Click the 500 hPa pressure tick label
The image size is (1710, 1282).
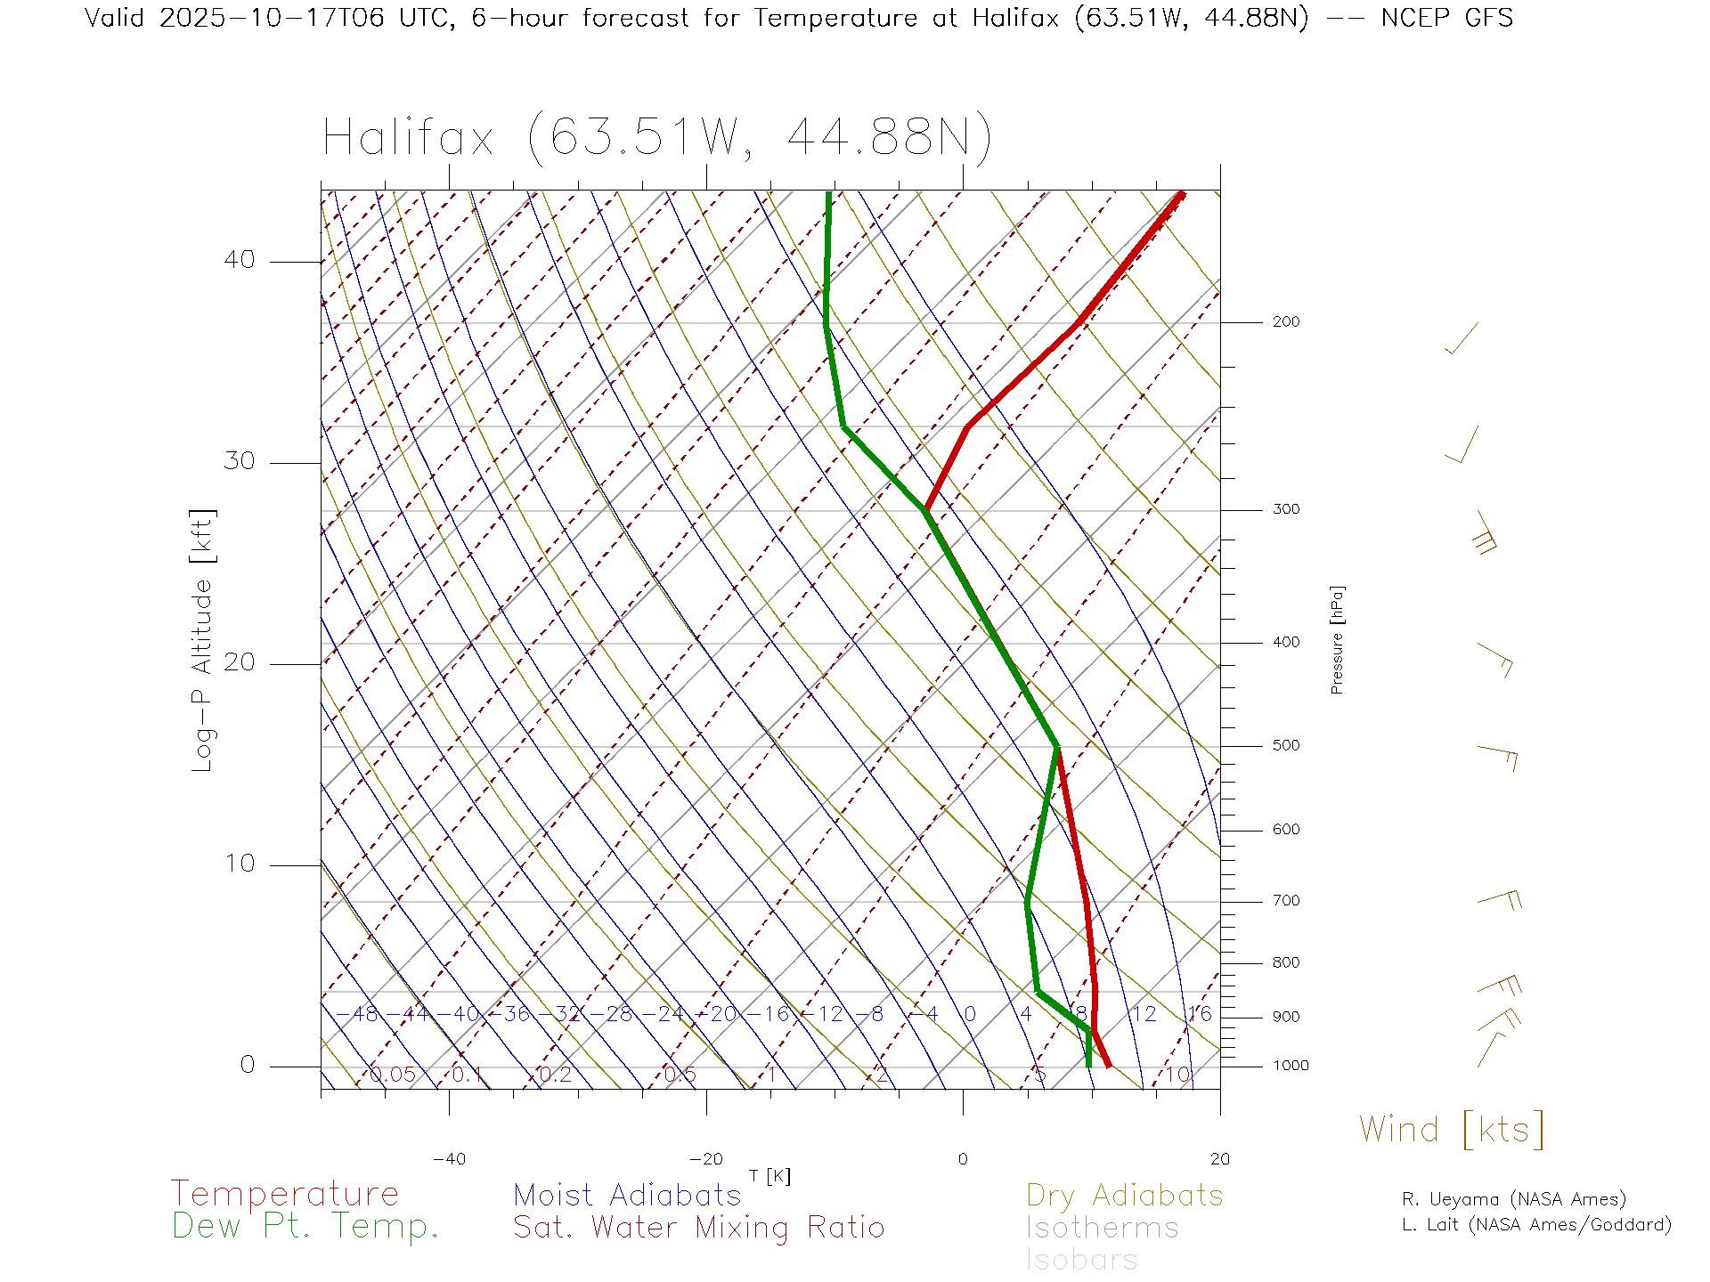click(x=1285, y=745)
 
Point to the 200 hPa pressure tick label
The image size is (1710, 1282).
click(x=1285, y=321)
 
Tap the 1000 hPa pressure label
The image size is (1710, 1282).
click(x=1291, y=1066)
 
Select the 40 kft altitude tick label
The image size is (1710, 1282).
click(x=239, y=260)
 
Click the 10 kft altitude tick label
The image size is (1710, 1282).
click(x=239, y=864)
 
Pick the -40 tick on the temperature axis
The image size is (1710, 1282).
click(x=449, y=1159)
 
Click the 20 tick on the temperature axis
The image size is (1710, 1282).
click(x=1219, y=1159)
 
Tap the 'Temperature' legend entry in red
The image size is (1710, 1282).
click(x=285, y=1194)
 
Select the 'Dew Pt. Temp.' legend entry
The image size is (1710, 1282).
click(x=305, y=1227)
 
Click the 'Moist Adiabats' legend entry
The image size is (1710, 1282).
click(x=627, y=1195)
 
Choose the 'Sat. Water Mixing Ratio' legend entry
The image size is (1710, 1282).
click(x=698, y=1228)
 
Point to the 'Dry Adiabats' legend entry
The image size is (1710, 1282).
click(x=1124, y=1195)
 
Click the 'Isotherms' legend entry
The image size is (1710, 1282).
click(x=1102, y=1228)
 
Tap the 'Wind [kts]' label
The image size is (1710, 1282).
click(x=1451, y=1130)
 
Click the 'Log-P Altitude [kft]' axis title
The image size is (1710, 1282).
click(x=203, y=641)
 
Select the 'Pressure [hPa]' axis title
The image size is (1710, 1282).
click(x=1337, y=639)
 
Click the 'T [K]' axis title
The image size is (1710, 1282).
click(x=769, y=1176)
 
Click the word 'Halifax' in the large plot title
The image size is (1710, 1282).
click(x=408, y=139)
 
